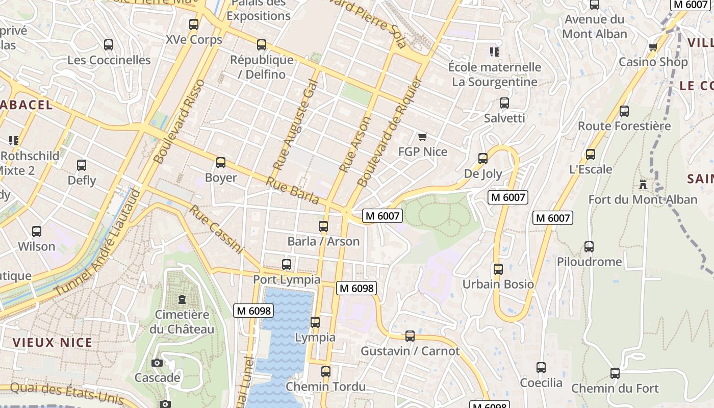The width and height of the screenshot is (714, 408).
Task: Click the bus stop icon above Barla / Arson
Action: click(323, 226)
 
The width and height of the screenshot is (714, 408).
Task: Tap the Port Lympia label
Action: click(287, 279)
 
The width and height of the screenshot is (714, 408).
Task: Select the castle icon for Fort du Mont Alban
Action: click(643, 184)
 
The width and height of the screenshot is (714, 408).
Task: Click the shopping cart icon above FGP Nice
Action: click(422, 137)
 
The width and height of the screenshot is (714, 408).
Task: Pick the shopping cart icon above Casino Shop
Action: click(653, 47)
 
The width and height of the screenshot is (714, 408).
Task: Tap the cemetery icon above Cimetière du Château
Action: click(182, 299)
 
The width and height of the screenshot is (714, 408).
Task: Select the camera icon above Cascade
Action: click(157, 363)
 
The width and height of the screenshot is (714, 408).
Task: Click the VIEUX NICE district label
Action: click(53, 342)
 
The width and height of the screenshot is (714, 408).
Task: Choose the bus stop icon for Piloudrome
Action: click(589, 247)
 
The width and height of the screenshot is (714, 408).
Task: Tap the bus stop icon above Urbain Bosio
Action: click(498, 269)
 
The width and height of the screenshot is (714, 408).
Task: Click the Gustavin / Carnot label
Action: click(410, 351)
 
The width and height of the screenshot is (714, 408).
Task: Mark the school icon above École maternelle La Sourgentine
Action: click(494, 52)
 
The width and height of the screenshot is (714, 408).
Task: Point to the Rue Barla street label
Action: click(293, 190)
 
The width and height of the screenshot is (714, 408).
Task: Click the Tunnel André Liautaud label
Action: click(97, 242)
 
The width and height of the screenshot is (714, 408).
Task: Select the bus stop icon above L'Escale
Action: click(591, 154)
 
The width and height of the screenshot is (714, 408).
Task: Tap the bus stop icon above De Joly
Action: click(483, 159)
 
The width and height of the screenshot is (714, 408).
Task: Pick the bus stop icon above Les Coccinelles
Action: click(109, 45)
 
